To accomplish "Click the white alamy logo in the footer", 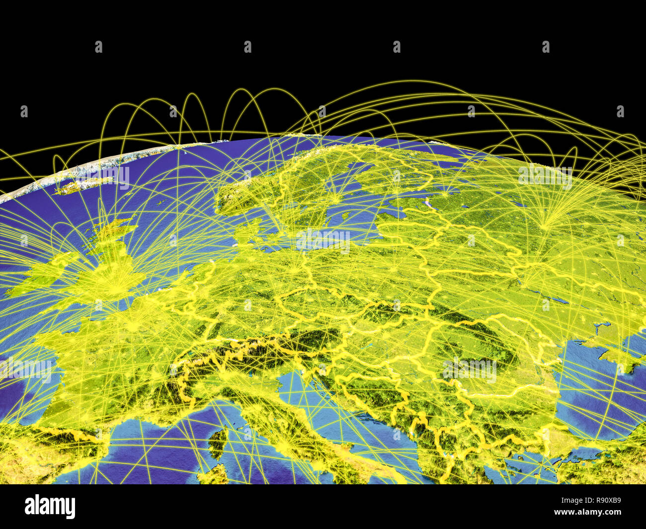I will [x=50, y=507].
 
